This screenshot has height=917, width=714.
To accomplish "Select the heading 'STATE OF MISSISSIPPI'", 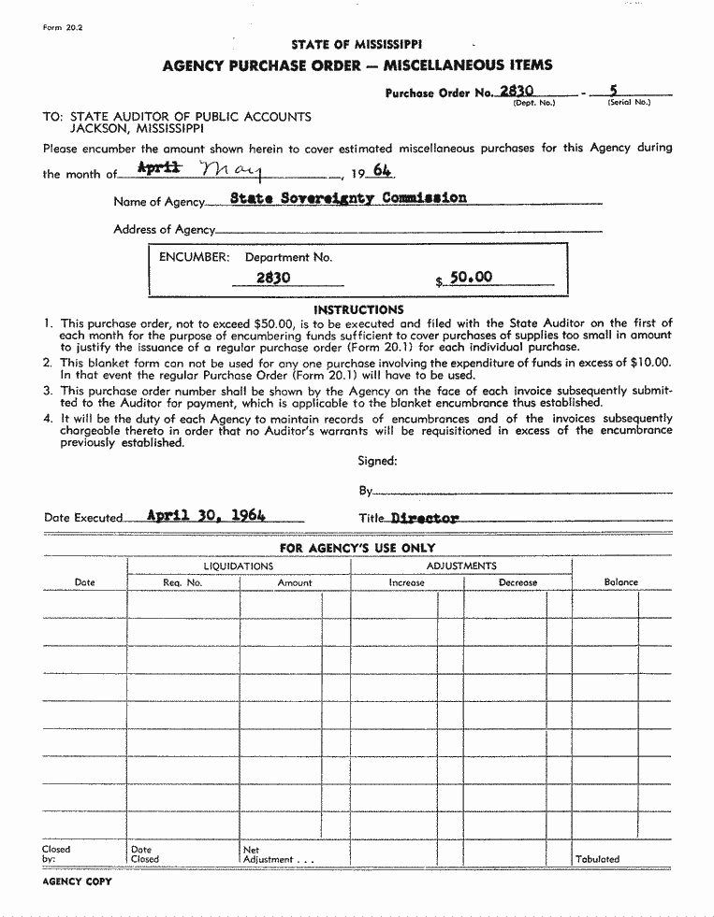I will click(x=357, y=44).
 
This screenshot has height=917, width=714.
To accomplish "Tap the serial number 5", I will click(x=613, y=91).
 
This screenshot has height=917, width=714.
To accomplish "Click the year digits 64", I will click(x=382, y=170).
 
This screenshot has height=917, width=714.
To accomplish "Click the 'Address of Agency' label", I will click(x=164, y=229).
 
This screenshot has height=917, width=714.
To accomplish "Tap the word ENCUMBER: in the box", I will click(x=194, y=257).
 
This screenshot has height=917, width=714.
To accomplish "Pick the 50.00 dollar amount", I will click(x=471, y=278).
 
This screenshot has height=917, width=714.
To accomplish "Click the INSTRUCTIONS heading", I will click(x=358, y=309).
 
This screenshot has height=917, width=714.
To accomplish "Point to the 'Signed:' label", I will click(x=377, y=460).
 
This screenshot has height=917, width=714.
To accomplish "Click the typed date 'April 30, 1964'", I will click(x=208, y=514).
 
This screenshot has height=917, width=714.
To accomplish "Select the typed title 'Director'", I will click(x=425, y=517).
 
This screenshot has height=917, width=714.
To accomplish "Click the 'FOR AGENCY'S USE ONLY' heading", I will click(x=357, y=548).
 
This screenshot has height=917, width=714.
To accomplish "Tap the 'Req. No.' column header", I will click(x=182, y=582).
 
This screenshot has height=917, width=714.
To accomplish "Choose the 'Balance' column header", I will click(x=620, y=581).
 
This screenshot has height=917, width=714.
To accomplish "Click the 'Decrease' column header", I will click(x=517, y=582).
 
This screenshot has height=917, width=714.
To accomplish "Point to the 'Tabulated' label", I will click(x=597, y=858).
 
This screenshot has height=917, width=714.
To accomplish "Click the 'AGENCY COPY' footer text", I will click(x=77, y=881).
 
